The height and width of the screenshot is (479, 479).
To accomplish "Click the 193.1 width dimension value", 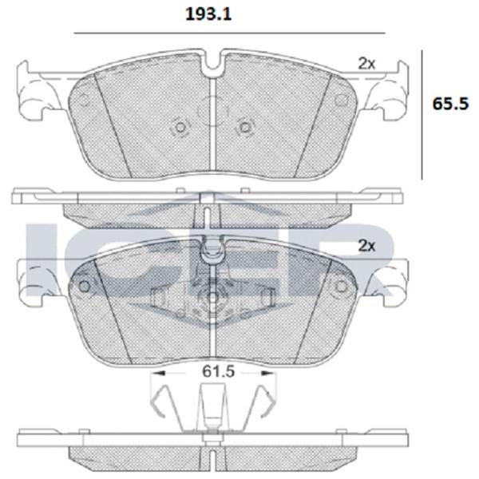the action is point(208,14).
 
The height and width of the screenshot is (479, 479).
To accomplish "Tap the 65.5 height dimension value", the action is point(450,104).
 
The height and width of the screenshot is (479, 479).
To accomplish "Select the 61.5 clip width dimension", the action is point(218,371).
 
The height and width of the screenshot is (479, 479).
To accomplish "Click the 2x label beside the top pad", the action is point(366,64).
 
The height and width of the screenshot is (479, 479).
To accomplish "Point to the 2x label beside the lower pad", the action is point(366,245).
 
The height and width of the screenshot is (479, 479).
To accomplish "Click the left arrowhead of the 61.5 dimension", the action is point(159,373).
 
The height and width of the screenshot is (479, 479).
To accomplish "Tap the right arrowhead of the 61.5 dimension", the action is point(267,373).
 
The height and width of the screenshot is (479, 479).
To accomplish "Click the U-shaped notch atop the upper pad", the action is point(213,62).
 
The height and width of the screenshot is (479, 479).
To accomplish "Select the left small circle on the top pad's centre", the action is point(180,127).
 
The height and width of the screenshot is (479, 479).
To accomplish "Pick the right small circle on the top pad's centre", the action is point(245,127).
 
